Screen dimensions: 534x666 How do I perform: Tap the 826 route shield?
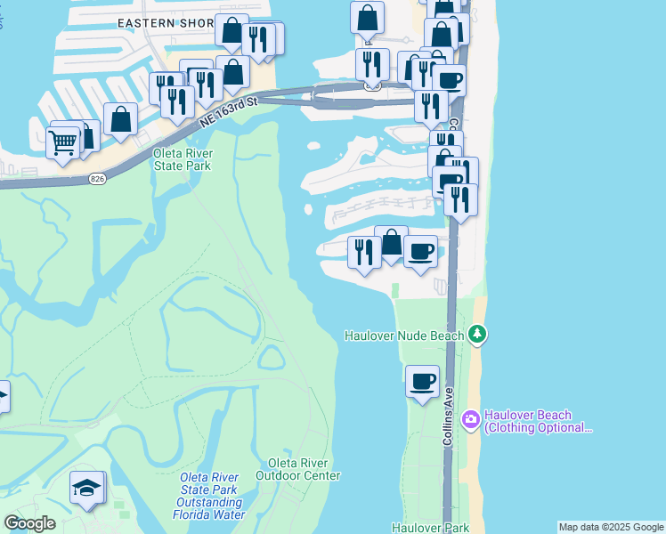coord(96,180)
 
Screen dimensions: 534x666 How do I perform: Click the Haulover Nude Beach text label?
coord(404,336)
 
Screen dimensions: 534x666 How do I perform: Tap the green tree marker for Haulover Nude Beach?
coord(479,335)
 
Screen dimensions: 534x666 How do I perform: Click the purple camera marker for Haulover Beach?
coord(471,417)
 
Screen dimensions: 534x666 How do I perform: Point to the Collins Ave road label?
coord(449,417)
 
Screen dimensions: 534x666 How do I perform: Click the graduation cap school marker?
coord(86,488)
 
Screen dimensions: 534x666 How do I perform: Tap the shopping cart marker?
coord(62,142)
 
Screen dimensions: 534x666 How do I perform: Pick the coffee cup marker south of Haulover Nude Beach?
coord(422,382)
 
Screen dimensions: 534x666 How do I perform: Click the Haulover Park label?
coord(430,528)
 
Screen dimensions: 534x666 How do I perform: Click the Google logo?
coord(29,523)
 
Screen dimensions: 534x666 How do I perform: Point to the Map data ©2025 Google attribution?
coord(611,527)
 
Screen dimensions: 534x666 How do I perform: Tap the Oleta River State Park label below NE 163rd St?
coord(183,158)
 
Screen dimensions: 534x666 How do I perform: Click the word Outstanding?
coord(207,502)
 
